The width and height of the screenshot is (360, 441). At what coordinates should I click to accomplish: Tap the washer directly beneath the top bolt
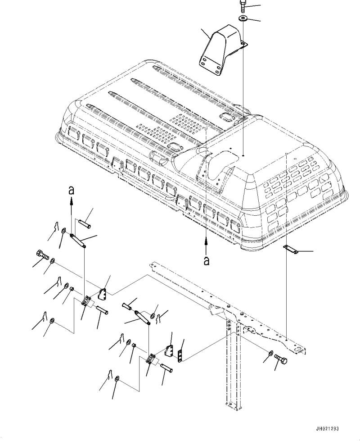(242, 18)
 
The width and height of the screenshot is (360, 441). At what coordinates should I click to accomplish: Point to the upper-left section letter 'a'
(71, 191)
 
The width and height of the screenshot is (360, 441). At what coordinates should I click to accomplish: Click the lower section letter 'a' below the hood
(207, 260)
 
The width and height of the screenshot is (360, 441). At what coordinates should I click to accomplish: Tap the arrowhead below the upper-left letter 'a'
(71, 204)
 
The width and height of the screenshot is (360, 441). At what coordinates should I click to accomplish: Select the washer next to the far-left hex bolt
(53, 260)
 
